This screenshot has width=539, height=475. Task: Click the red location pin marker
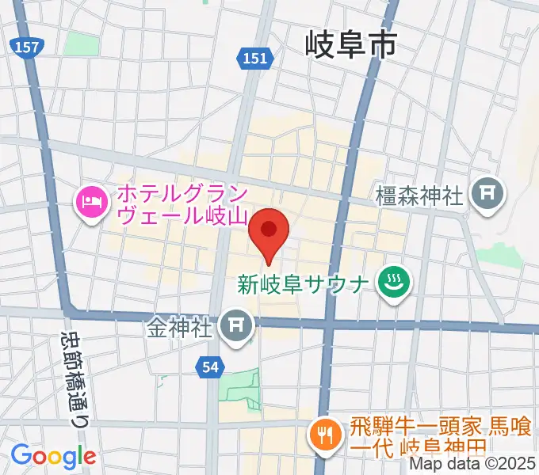click(269, 230)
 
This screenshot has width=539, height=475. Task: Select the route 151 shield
click(255, 57)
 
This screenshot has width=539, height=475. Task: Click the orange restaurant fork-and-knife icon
click(324, 436)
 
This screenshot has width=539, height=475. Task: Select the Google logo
click(53, 456)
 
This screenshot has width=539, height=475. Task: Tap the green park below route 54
click(239, 388)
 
